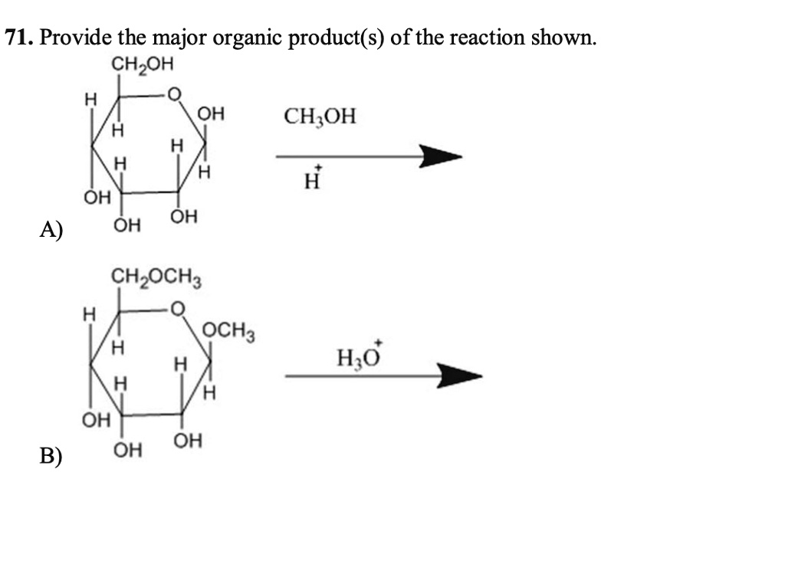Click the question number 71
[19, 38]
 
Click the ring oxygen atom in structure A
[173, 94]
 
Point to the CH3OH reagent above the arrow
[320, 116]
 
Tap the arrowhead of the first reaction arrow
[441, 156]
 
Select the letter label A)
[51, 230]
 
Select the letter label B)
[51, 455]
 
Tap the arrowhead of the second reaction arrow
[460, 375]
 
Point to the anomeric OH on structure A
[211, 114]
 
